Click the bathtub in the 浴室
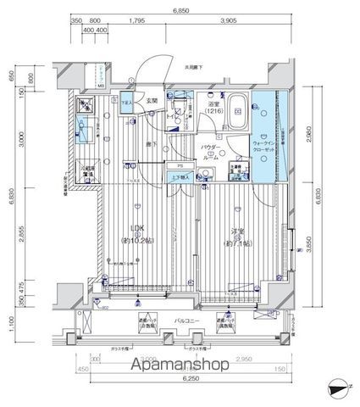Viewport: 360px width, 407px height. pyautogui.click(x=237, y=111)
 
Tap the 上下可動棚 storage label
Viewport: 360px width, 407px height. pyautogui.click(x=180, y=178)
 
